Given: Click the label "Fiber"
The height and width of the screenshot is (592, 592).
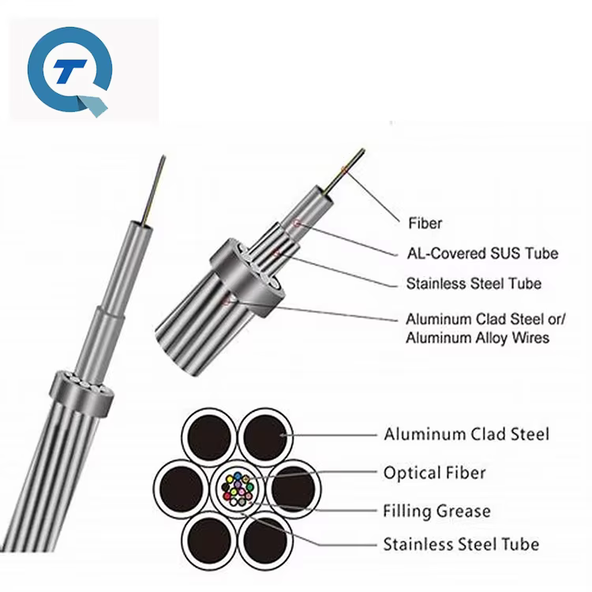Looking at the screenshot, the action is (425, 223).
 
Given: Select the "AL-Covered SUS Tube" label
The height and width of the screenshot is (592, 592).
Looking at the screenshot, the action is (482, 253).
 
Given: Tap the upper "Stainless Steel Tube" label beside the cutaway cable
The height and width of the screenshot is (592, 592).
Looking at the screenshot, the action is (474, 283).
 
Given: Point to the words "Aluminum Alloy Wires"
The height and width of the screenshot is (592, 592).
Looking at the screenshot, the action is (478, 338).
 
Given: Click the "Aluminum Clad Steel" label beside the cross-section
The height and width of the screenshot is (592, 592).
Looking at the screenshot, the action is (466, 434).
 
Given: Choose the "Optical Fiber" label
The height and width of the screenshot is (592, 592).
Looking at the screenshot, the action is (435, 473).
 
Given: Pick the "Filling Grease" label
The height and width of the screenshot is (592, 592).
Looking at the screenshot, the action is (437, 511).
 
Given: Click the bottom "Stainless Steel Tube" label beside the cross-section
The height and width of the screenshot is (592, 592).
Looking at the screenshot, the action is (461, 545).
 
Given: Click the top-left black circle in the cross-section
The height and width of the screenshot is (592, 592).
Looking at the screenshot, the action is (209, 437).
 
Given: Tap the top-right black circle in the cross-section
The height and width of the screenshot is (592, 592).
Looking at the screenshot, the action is (265, 437).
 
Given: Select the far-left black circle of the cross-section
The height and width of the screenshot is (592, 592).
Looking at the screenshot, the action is (182, 489).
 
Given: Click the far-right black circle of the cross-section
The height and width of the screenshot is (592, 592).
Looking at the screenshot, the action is (294, 489).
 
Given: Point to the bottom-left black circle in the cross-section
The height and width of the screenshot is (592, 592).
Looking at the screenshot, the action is (209, 540).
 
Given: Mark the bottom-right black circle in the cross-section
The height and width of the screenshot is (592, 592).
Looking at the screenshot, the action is (265, 540).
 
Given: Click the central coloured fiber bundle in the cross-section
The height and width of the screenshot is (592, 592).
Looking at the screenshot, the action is (237, 489).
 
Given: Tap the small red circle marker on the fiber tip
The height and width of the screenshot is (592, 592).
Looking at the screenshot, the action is (344, 170).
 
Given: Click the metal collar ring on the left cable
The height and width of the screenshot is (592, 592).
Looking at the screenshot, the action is (81, 392).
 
